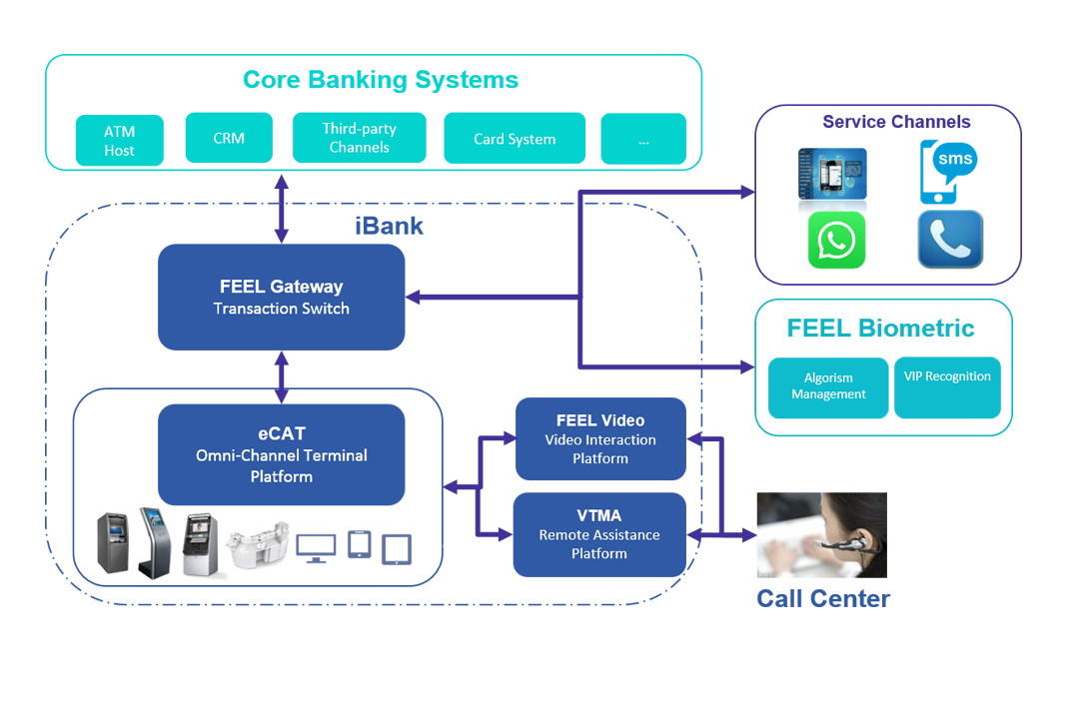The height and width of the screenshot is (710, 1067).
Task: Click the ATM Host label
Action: click(119, 141)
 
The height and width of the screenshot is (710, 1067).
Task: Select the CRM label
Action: click(229, 138)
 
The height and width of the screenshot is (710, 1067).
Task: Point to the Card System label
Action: click(515, 139)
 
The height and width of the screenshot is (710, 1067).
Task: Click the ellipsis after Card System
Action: click(642, 142)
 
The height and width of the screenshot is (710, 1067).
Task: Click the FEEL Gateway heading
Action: click(281, 287)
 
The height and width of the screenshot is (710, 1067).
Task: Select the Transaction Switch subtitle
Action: click(281, 309)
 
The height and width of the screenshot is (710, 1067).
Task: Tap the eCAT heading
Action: click(281, 433)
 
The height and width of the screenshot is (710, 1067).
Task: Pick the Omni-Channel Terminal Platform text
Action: click(281, 465)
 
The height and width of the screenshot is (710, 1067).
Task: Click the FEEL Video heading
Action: click(599, 420)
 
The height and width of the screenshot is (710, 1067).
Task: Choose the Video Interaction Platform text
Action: click(599, 449)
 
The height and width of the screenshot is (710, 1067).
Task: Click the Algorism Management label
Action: click(828, 385)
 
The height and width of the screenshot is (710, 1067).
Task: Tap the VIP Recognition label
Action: click(946, 376)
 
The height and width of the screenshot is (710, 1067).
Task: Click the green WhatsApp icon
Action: click(835, 241)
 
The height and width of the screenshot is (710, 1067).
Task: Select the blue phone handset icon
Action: click(949, 239)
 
